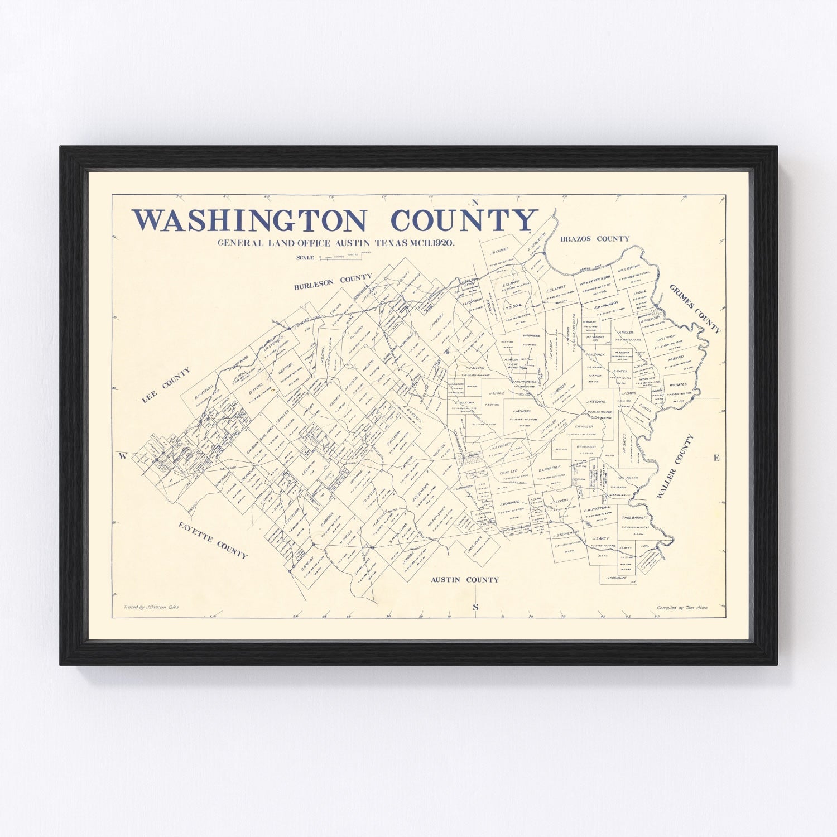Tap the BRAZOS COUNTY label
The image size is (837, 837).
(x=595, y=239)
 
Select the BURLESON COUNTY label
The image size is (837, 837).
(x=333, y=282)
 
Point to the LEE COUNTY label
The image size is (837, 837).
(x=166, y=385)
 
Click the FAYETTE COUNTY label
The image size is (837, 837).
(x=213, y=539)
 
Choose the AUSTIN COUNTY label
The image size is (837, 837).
(x=464, y=580)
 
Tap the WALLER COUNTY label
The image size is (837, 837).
(x=675, y=466)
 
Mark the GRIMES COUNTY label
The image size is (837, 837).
(x=695, y=308)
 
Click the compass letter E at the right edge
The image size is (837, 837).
(x=716, y=458)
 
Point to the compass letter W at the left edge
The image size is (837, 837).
(x=122, y=456)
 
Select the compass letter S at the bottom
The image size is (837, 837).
(x=475, y=607)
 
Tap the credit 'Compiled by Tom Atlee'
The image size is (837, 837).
(x=682, y=608)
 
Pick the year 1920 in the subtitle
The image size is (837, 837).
(x=442, y=243)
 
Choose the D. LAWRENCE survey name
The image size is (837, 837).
(x=550, y=468)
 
